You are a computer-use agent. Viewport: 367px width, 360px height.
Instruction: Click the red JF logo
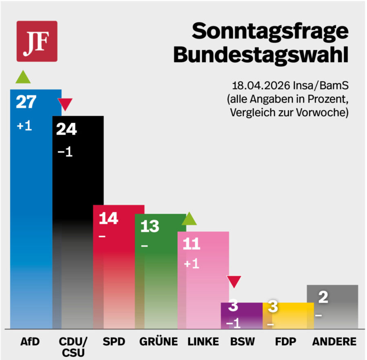37,41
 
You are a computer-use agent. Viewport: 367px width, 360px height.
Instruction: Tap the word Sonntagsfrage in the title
270,32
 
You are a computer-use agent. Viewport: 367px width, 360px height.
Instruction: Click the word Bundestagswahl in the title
261,56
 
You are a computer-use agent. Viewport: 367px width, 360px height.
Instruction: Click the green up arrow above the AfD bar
23,77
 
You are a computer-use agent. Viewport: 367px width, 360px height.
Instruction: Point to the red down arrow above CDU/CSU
65,105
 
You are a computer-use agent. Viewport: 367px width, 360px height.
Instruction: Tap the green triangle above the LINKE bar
189,219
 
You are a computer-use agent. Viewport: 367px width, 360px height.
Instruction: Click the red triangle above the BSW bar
234,282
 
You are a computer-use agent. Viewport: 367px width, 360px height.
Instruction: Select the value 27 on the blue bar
26,102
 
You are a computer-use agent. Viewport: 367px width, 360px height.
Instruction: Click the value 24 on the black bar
66,129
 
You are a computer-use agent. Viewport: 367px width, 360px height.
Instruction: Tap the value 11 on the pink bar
191,244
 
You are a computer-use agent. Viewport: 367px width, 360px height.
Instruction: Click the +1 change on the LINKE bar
191,264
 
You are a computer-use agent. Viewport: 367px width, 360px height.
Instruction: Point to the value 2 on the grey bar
323,298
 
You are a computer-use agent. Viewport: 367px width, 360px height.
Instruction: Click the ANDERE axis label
334,342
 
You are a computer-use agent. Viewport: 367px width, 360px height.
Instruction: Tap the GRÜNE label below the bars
158,342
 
